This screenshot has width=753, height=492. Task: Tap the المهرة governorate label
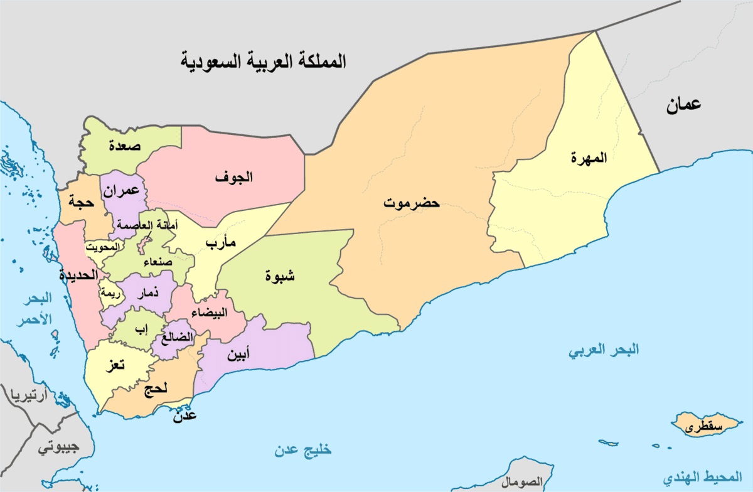coord(589,158)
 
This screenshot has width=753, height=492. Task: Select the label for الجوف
coord(234,177)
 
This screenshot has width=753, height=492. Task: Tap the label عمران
coord(122,193)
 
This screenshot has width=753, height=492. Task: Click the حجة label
coord(82,203)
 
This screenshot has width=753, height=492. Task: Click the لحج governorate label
coord(155,389)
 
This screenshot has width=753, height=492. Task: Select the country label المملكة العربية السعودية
coord(264,63)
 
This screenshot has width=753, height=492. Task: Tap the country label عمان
coord(683,105)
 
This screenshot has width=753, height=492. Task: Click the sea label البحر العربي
coord(604,350)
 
